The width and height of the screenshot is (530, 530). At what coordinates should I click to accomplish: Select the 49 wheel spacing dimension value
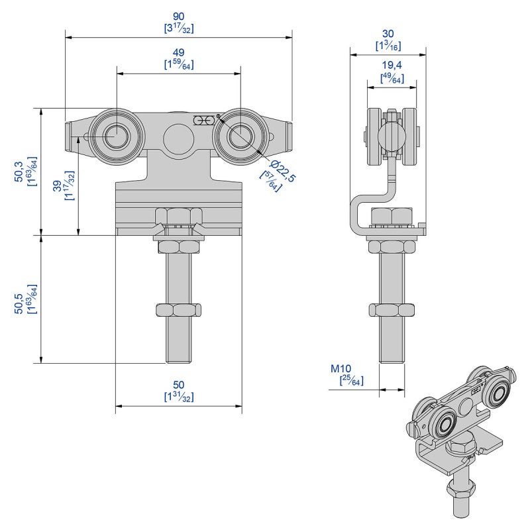178,52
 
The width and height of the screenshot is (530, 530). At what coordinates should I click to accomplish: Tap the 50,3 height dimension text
19,171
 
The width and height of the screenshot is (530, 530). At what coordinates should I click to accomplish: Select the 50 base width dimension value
178,385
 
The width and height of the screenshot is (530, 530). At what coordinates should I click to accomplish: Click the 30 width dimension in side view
388,33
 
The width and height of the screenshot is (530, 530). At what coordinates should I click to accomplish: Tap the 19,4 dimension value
392,66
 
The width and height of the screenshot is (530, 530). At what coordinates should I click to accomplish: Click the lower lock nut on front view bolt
178,309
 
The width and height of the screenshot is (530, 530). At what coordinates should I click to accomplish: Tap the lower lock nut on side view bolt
392,309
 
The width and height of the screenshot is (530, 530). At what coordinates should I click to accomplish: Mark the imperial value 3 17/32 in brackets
178,28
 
